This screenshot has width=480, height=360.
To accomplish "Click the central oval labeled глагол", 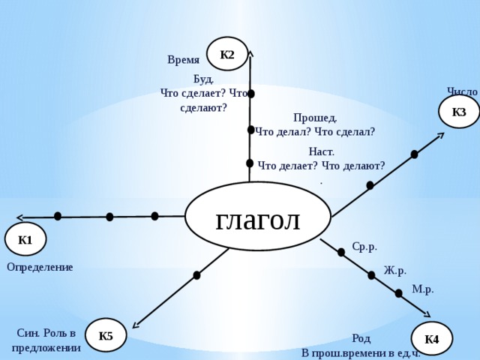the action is pyautogui.click(x=258, y=217).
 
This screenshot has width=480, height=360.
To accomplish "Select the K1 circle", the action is pyautogui.click(x=25, y=239).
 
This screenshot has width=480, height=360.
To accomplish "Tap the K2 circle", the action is pyautogui.click(x=227, y=54).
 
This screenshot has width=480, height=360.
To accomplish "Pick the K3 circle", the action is pyautogui.click(x=458, y=112).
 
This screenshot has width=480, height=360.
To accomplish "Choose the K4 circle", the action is pyautogui.click(x=432, y=339).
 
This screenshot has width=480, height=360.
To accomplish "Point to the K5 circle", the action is pyautogui.click(x=106, y=335).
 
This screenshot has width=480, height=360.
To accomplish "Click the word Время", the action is pyautogui.click(x=183, y=60).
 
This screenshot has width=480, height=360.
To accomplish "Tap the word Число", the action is pyautogui.click(x=462, y=91).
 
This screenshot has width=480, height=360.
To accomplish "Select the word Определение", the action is pyautogui.click(x=40, y=267).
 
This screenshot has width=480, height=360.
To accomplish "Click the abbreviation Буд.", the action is pyautogui.click(x=203, y=79).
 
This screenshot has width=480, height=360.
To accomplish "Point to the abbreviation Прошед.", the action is pyautogui.click(x=315, y=118).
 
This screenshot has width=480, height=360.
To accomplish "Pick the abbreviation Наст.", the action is pyautogui.click(x=322, y=151).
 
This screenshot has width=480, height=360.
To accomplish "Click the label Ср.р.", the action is pyautogui.click(x=364, y=247).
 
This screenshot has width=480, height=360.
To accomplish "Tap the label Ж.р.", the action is pyautogui.click(x=395, y=271).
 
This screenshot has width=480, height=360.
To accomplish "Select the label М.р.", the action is pyautogui.click(x=423, y=289).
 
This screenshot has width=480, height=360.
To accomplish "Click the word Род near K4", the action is pyautogui.click(x=361, y=338).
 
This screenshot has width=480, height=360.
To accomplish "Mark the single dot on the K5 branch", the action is pyautogui.click(x=196, y=275).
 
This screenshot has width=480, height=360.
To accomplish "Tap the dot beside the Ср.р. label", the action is pyautogui.click(x=341, y=252).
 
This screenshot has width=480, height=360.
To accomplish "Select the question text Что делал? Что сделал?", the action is pyautogui.click(x=315, y=132).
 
